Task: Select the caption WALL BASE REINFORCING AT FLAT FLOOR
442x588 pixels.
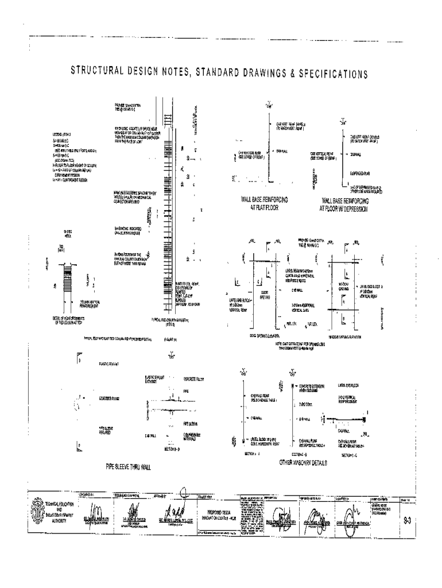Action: pos(264,203)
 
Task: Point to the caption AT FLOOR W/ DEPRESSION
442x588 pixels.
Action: pos(344,209)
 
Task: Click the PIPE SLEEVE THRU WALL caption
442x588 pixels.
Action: pos(128,467)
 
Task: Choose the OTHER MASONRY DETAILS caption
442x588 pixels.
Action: pos(303,462)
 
